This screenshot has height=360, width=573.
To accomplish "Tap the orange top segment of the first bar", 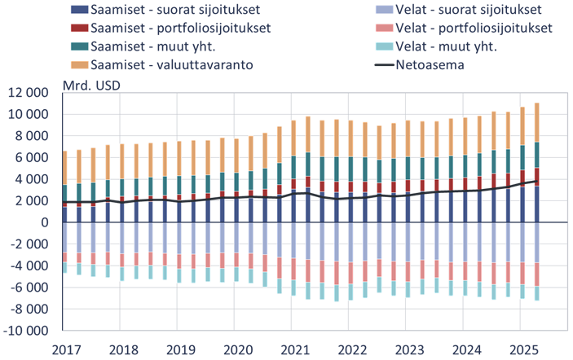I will pos(65,168).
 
